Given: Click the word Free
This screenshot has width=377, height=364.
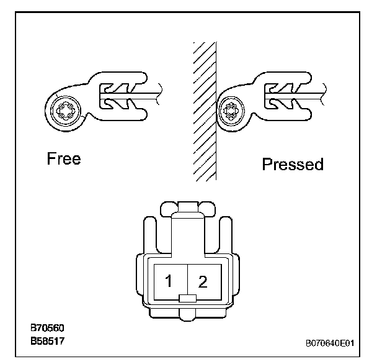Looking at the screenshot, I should pyautogui.click(x=64, y=158).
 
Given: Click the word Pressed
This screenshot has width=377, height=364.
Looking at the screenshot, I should pyautogui.click(x=293, y=165).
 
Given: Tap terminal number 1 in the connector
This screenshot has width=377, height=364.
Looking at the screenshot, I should pyautogui.click(x=168, y=281).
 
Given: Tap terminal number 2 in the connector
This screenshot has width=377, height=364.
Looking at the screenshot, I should pyautogui.click(x=202, y=281).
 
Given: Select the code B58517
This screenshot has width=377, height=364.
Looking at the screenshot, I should pyautogui.click(x=48, y=341).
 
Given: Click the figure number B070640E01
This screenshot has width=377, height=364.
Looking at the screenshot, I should pyautogui.click(x=329, y=342).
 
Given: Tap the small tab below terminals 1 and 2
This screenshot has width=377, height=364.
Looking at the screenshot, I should pyautogui.click(x=187, y=299).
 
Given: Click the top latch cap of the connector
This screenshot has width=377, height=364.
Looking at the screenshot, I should pyautogui.click(x=187, y=206).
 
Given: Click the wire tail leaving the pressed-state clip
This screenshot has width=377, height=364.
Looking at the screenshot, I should pyautogui.click(x=322, y=94).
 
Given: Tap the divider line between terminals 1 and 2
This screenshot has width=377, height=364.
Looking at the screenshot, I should pyautogui.click(x=187, y=280).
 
